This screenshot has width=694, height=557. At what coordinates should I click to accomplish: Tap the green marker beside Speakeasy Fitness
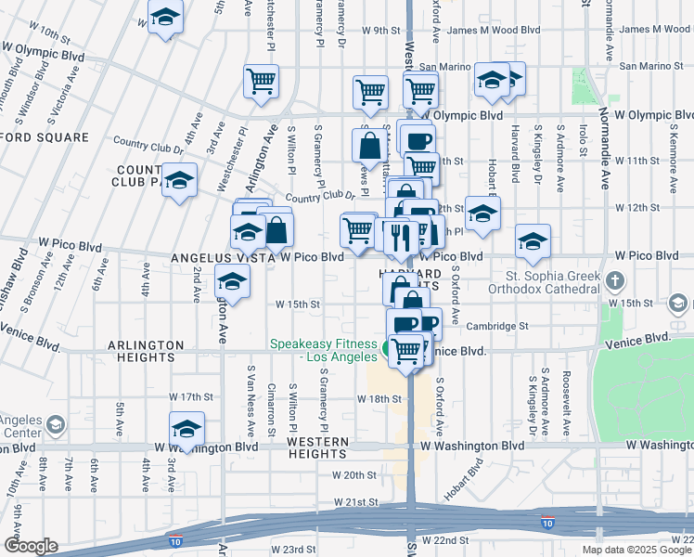click(385, 350)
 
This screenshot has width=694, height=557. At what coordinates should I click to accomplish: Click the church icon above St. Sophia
click(615, 280)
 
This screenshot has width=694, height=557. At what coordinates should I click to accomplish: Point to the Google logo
click(31, 545)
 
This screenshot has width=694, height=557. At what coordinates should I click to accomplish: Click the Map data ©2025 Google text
click(636, 550)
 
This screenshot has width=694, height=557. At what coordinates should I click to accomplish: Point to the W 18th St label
click(380, 398)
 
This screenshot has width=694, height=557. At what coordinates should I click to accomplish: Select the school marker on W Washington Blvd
click(186, 429)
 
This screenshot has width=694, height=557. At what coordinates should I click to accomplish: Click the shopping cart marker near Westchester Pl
click(262, 81)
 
